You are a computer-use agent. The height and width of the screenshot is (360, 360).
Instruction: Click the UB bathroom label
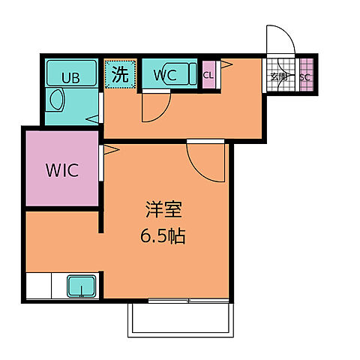pyautogui.click(x=70, y=76)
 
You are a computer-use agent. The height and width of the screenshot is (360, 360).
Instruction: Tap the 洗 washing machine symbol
pyautogui.click(x=120, y=74)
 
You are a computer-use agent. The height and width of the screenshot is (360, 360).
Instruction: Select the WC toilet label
pyautogui.click(x=165, y=75)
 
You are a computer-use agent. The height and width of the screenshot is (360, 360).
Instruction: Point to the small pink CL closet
pyautogui.click(x=208, y=75)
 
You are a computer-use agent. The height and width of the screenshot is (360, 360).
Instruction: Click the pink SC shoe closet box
pyautogui.click(x=305, y=77)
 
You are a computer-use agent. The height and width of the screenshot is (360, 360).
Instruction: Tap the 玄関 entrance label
pyautogui.click(x=279, y=77)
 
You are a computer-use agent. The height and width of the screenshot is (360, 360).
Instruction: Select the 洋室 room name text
pyautogui.click(x=163, y=211)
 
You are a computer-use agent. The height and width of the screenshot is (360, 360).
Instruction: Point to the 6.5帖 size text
pyautogui.click(x=163, y=237)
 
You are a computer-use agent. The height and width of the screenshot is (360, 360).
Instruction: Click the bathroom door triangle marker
pyautogui.click(x=94, y=116)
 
